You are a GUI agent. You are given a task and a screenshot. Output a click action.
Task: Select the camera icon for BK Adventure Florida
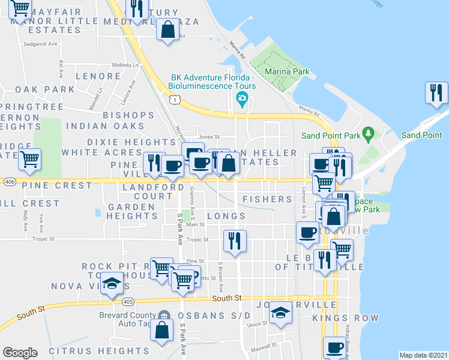tap(242, 98)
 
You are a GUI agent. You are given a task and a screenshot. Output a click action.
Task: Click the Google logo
tap(20, 353)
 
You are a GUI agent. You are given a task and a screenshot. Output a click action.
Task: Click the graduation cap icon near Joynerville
tap(279, 312)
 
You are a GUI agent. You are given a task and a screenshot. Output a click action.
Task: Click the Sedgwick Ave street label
tap(40, 44)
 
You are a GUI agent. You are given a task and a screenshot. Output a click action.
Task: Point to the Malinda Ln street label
tap(125, 65)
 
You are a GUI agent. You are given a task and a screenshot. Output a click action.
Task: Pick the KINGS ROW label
tap(349, 317)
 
